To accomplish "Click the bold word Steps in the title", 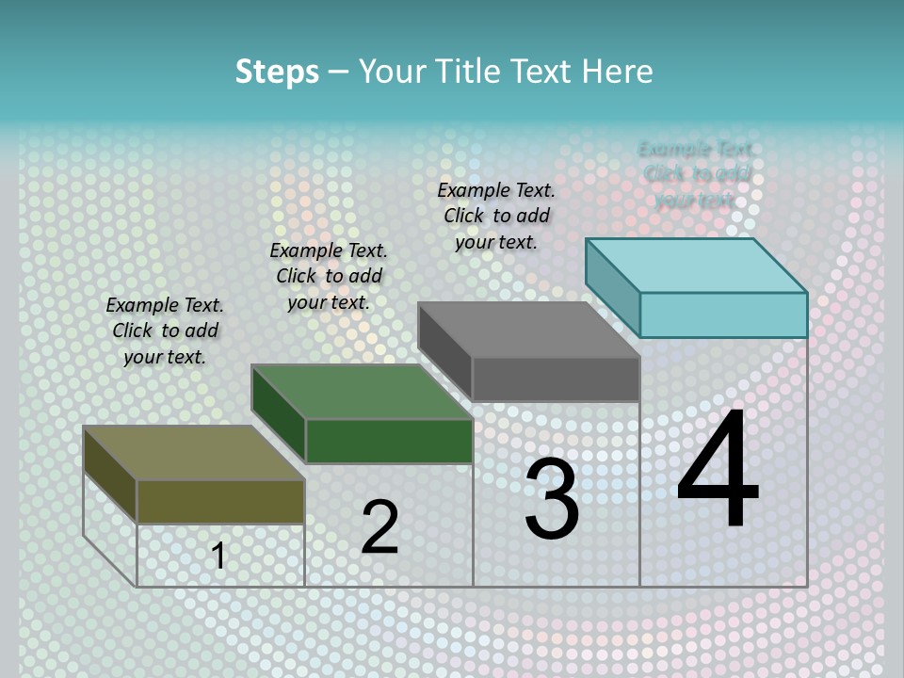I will pos(277,72).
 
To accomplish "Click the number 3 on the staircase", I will pos(552,498).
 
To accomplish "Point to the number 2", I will pos(379,527).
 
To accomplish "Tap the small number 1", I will pos(218,556).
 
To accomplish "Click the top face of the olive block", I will pos(193,453).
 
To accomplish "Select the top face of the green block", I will pos(362,392).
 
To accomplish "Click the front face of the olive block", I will pos(220,501).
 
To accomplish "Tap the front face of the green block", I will pos(389,441).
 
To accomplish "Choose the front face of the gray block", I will pos(556,379).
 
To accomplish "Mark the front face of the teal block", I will pos(723,315).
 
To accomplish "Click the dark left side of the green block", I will pos(279,413).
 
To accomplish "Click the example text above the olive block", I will pos(165,331).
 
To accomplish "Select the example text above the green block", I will pos(329,276).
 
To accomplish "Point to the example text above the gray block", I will pos(496,216).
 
